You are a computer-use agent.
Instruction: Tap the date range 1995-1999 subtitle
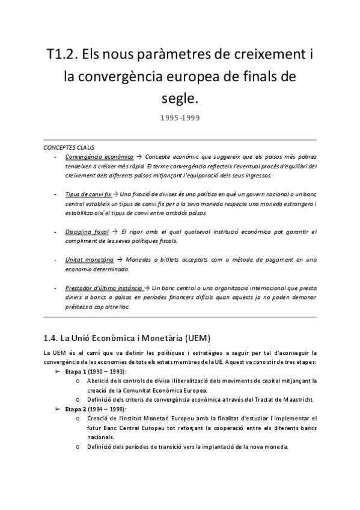[180, 118]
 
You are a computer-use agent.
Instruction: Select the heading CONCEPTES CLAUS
[69, 147]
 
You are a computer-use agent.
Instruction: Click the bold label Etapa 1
[76, 372]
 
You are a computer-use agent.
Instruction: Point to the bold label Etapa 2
[76, 409]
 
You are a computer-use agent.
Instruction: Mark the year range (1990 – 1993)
[107, 372]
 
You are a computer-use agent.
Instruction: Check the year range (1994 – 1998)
[107, 409]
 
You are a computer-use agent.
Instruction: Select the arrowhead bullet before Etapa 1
[57, 372]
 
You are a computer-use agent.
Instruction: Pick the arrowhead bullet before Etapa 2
[57, 409]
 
